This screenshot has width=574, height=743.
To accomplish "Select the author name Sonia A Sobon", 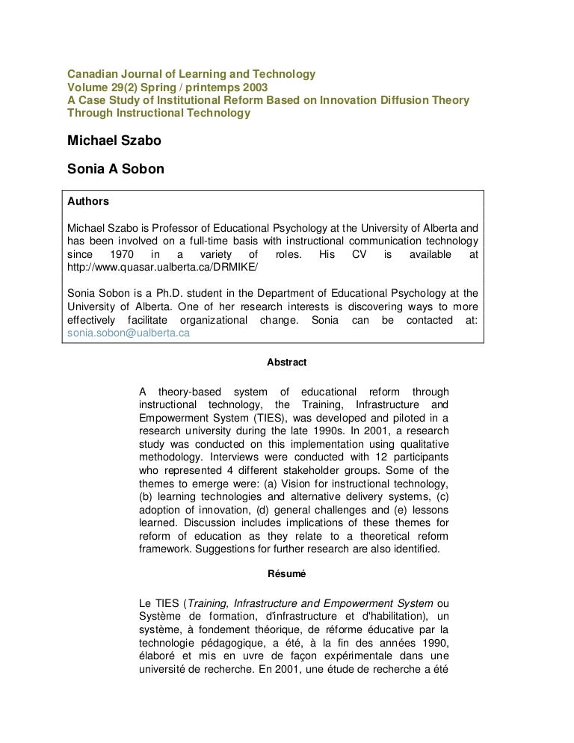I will click(x=116, y=170).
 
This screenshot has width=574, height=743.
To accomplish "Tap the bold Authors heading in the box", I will click(x=88, y=202).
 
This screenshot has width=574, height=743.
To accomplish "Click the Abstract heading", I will click(x=286, y=362).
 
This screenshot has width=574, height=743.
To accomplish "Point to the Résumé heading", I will click(x=286, y=574).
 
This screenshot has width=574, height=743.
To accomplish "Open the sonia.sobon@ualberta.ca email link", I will click(x=128, y=334).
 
